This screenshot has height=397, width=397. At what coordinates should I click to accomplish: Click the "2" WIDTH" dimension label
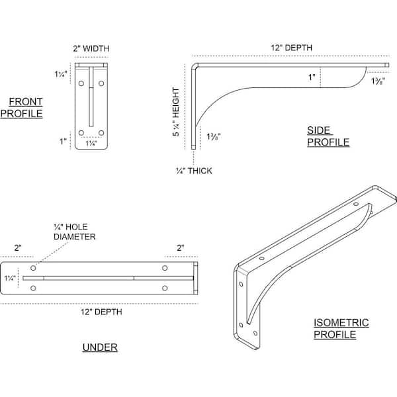point(91,48)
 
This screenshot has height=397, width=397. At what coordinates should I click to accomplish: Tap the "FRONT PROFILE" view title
point(22,108)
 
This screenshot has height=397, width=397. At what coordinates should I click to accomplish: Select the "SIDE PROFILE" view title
point(328,136)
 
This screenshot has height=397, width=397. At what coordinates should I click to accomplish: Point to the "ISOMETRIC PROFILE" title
point(341,328)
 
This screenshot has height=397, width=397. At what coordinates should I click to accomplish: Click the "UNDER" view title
point(100,347)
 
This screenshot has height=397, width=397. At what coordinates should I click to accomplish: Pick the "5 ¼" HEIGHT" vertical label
point(176,112)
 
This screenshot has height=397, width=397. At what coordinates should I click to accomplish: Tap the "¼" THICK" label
point(194,171)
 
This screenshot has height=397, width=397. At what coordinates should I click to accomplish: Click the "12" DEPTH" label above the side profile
point(291,48)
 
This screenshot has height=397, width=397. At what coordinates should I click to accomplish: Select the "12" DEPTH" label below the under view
point(101,312)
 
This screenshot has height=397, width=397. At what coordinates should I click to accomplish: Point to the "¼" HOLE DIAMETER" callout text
point(74,232)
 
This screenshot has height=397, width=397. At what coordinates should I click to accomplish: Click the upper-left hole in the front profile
point(81,83)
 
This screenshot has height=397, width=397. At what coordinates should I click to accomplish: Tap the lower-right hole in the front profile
point(101,133)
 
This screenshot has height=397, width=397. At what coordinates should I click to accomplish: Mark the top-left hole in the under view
point(33,268)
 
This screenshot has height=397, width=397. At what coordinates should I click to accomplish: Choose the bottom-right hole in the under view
point(165,288)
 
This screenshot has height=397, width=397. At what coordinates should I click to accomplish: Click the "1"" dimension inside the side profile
point(312,77)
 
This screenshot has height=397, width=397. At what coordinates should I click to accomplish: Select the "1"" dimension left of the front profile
point(63,141)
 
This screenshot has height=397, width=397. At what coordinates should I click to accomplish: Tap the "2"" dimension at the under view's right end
point(181,247)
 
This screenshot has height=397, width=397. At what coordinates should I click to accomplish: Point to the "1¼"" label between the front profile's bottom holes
point(91,144)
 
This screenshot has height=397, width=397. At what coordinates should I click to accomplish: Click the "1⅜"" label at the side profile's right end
point(378,81)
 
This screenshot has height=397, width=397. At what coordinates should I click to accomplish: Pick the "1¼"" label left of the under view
point(10,278)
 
